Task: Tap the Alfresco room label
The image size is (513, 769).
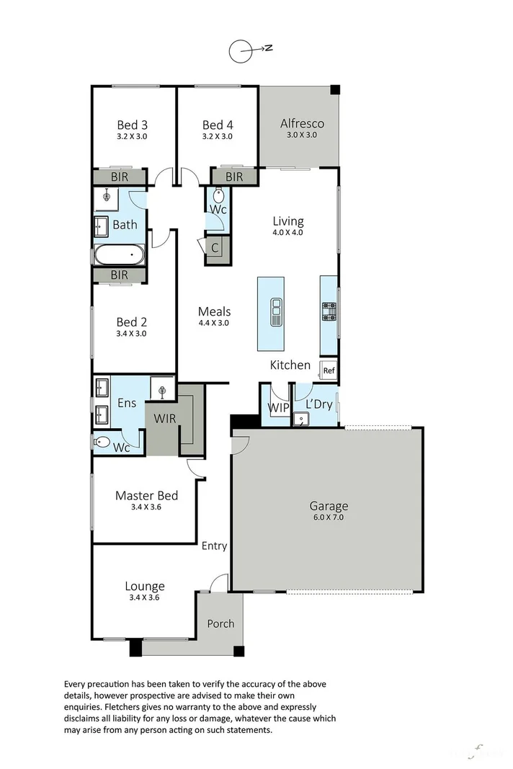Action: click(x=302, y=123)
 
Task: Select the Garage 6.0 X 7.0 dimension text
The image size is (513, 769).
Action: click(x=329, y=517)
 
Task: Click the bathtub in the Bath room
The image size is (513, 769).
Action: click(x=120, y=254)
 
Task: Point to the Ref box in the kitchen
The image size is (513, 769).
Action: click(x=329, y=371)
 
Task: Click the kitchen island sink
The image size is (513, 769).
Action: click(x=275, y=311)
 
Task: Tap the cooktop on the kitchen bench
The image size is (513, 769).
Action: click(x=329, y=311)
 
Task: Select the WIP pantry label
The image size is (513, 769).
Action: click(x=277, y=407)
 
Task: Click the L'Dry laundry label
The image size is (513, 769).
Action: click(x=318, y=404)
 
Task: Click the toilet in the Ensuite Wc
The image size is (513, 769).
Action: click(x=102, y=442)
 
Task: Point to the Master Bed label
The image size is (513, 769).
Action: click(x=146, y=496)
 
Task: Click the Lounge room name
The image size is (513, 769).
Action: click(x=145, y=586)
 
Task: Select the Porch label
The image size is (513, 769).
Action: click(x=220, y=623)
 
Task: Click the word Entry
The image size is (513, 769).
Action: click(x=214, y=546)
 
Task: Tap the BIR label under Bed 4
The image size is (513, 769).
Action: click(x=234, y=177)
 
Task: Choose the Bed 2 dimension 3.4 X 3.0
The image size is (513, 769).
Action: click(x=132, y=334)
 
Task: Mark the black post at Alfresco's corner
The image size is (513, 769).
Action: click(x=335, y=89)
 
